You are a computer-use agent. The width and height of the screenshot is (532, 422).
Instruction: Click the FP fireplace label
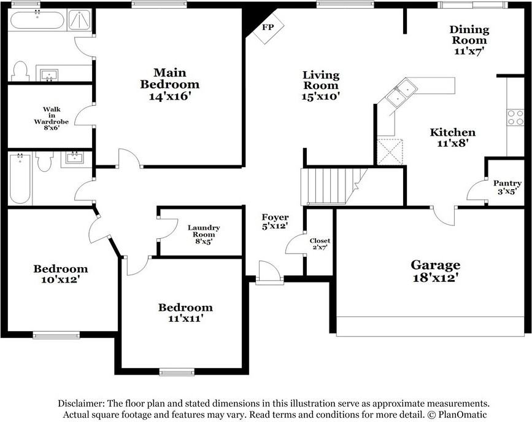[268, 28]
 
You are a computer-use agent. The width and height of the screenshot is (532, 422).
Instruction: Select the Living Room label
[320, 80]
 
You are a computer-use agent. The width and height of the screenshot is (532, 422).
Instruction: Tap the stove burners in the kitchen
[515, 117]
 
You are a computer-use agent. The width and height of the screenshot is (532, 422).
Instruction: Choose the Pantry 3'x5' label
[507, 187]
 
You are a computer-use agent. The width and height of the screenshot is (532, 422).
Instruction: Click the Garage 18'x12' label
[435, 271]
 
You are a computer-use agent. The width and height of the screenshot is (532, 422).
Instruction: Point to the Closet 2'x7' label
[319, 244]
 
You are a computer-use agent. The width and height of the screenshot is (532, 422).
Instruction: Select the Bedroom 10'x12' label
[60, 273]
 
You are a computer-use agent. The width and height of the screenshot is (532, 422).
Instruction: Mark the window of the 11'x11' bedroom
[177, 371]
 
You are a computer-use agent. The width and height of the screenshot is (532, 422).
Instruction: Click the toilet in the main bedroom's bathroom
[20, 71]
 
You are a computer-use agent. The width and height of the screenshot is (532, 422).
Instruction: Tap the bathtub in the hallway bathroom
[19, 178]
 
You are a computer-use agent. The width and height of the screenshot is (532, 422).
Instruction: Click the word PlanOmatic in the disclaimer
[458, 415]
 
